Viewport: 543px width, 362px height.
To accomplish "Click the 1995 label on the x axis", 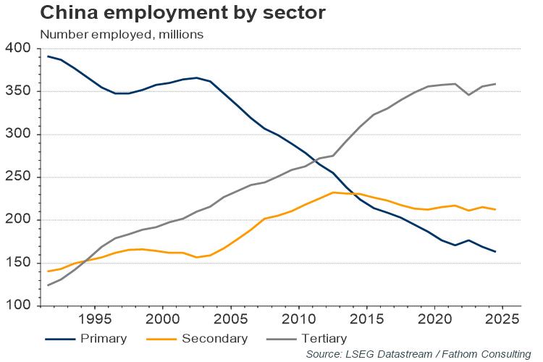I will pos(94,319).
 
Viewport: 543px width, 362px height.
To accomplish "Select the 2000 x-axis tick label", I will pos(162,319).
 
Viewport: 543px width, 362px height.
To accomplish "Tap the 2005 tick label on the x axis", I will pos(230,319).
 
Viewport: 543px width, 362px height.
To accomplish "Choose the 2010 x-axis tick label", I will pos(298,319).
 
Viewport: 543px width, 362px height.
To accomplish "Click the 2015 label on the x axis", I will pos(366,319).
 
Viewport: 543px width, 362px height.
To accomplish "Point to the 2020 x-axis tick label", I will pos(434,319).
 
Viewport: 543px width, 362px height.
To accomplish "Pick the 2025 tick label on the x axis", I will pos(502,319).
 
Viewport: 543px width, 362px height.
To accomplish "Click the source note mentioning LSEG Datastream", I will pos(418,354).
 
